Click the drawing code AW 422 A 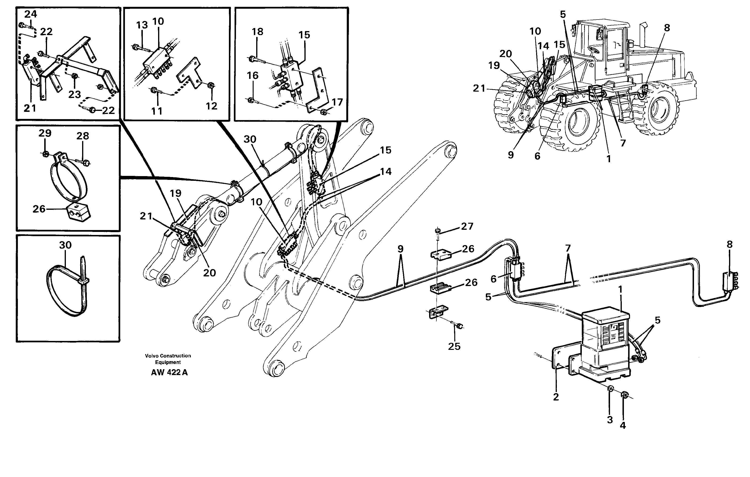click(169, 372)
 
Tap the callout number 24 click(31, 14)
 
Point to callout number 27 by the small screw click(467, 226)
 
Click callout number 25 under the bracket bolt click(454, 346)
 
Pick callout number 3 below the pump click(610, 420)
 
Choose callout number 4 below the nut click(623, 425)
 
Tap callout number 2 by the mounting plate click(556, 397)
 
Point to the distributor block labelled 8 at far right click(730, 282)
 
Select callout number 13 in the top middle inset click(142, 25)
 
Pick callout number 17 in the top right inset click(337, 102)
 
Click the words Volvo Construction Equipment click(168, 359)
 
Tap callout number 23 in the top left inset click(74, 94)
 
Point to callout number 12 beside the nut click(211, 106)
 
